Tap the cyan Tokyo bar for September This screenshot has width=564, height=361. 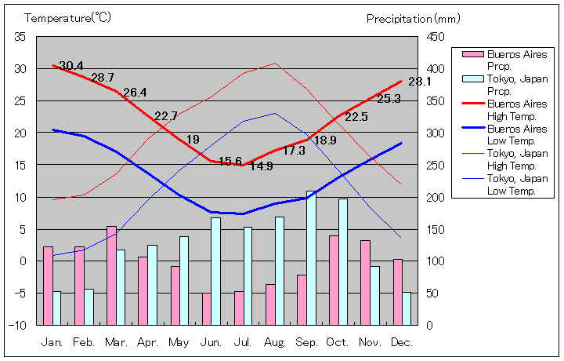(311, 257)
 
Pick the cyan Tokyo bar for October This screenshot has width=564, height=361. (343, 261)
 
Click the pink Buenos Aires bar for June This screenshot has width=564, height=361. (207, 308)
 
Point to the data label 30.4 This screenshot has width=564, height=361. (71, 65)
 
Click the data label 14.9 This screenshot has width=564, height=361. (261, 166)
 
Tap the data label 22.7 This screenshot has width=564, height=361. (166, 116)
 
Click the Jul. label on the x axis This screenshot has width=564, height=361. (244, 343)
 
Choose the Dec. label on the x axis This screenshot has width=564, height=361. (402, 343)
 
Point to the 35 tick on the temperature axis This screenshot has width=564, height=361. (20, 37)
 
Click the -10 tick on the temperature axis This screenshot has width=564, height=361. (19, 324)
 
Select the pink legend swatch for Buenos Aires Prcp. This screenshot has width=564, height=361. (472, 54)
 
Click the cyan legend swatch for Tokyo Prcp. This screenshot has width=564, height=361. (472, 79)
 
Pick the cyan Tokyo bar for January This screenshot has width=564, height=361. (56, 308)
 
